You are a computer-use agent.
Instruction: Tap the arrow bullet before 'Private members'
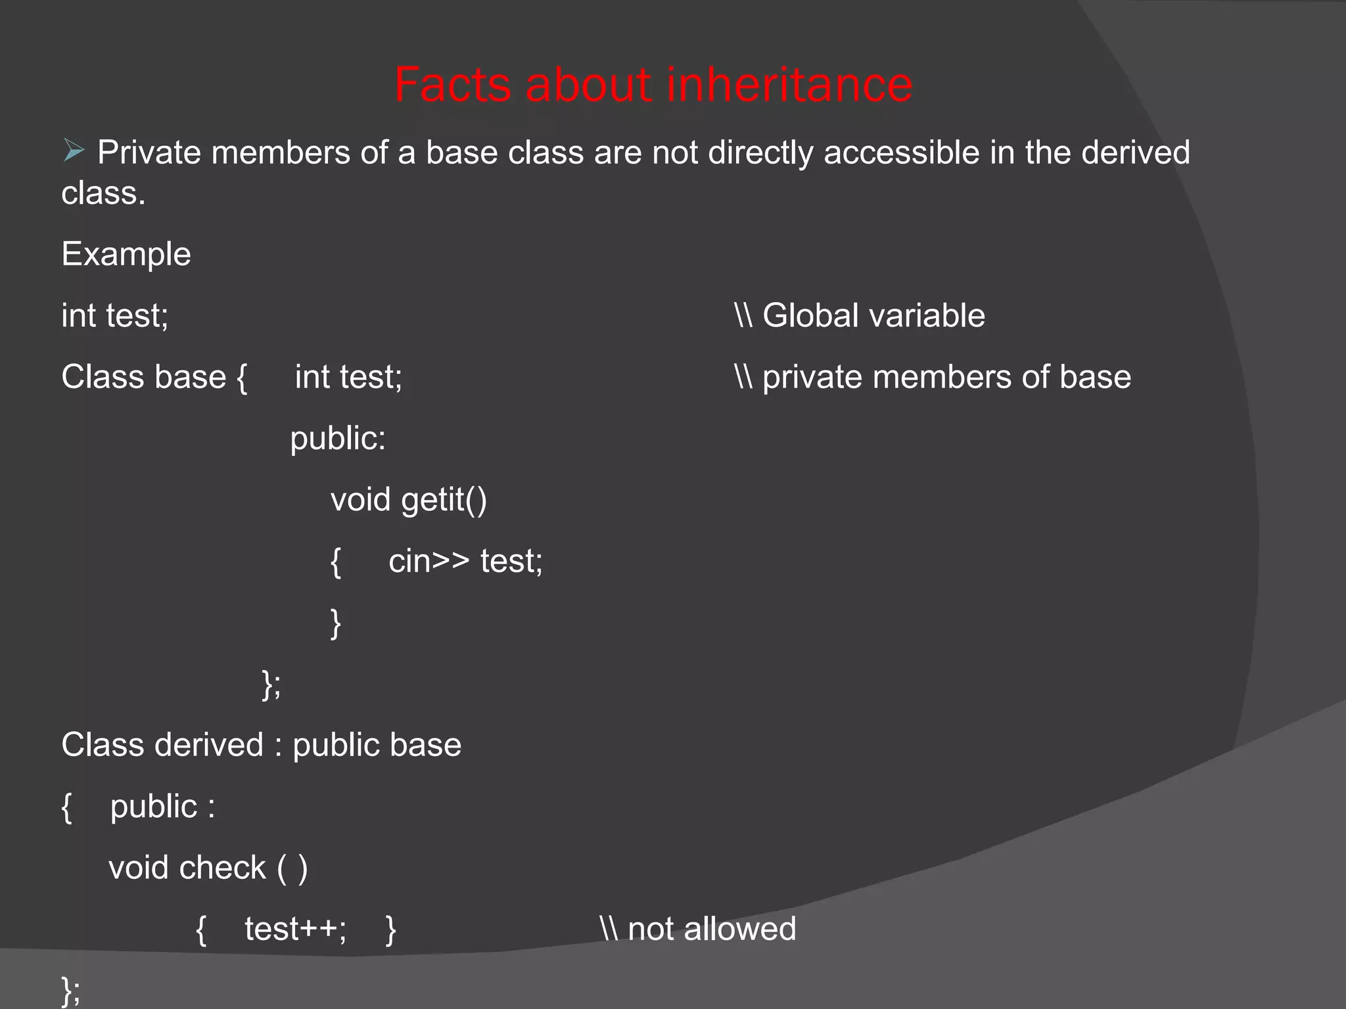click(74, 151)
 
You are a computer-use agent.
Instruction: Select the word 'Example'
click(126, 254)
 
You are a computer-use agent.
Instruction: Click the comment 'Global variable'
click(873, 315)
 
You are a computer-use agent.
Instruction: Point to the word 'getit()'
click(444, 500)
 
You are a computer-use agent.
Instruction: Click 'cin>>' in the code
click(429, 562)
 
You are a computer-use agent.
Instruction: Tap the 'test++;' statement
click(296, 930)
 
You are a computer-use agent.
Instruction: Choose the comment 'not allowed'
click(712, 930)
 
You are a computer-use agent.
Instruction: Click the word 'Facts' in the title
click(452, 85)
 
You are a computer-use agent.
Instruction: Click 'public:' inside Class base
click(338, 439)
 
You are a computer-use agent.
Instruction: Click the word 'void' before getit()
click(360, 500)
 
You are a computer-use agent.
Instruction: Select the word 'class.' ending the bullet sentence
click(103, 194)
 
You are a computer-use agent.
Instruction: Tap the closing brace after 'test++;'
click(390, 930)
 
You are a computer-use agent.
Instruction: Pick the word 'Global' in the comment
click(810, 315)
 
